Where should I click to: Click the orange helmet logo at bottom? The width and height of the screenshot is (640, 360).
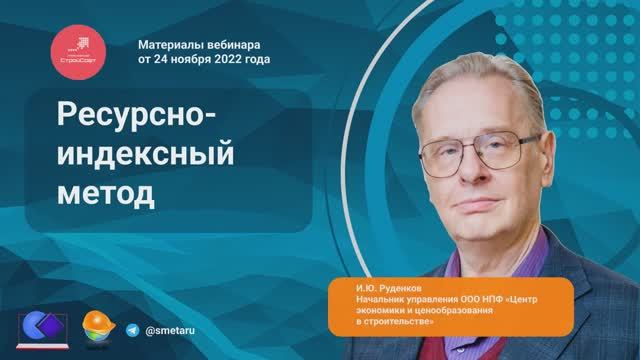[x=96, y=327]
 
